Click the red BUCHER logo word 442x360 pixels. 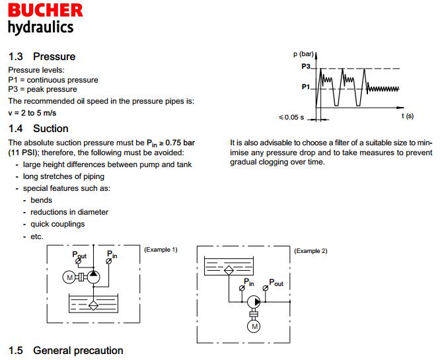coord(46,10)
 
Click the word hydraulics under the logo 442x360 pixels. coord(40,28)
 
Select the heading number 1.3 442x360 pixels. coord(15,57)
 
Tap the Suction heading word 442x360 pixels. coord(51,129)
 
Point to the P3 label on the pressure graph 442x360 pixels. coord(306,66)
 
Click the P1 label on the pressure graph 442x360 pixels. coord(306,87)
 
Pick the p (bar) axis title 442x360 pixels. coord(303,54)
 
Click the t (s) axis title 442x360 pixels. coord(408,116)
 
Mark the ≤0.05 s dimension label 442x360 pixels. coord(291,118)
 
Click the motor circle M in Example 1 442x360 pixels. coord(69,277)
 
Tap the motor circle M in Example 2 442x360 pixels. coord(254,326)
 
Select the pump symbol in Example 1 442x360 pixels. coord(93,277)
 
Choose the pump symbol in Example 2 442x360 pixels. coord(254,302)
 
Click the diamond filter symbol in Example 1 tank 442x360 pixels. coord(93,306)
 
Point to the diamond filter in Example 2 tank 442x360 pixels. coord(229,270)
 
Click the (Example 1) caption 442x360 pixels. coord(161,250)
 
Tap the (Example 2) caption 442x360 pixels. coord(311,251)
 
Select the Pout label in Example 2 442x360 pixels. coord(276,283)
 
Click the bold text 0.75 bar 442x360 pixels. coord(180,143)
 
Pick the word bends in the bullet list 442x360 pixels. coord(42,200)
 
